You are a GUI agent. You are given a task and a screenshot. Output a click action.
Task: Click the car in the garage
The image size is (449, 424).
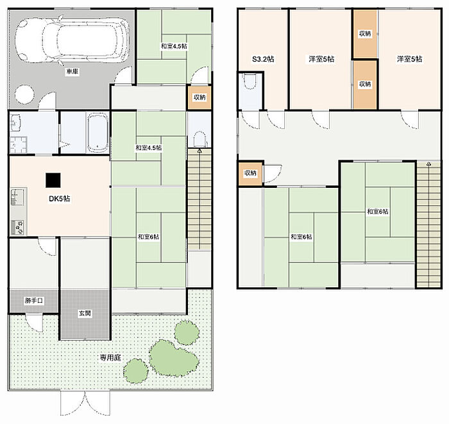(72, 40)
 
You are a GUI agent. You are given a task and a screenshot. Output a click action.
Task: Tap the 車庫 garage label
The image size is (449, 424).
(72, 72)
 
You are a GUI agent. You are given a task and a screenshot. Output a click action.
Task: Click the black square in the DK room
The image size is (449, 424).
(53, 180)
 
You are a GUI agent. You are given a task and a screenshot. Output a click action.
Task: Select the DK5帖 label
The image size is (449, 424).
(59, 199)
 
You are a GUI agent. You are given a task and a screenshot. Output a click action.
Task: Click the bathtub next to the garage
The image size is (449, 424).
(97, 133)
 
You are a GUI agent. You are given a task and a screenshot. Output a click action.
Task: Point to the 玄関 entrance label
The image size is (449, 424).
(85, 313)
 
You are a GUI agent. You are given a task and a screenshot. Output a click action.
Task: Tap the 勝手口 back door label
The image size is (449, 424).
(34, 301)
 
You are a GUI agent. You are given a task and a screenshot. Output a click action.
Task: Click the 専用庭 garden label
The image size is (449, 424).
(110, 357)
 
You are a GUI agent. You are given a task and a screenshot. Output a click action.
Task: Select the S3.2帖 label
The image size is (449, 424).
(263, 59)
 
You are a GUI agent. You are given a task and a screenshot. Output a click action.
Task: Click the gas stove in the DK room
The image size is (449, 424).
(17, 228)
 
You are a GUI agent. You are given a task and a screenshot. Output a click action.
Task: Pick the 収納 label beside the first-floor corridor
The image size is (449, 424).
(199, 98)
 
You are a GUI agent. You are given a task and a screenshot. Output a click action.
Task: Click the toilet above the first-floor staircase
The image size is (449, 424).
(200, 139)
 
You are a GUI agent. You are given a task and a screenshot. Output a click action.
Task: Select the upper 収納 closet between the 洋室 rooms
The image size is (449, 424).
(365, 34)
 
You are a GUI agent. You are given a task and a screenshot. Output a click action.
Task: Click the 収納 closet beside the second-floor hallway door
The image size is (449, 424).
(250, 173)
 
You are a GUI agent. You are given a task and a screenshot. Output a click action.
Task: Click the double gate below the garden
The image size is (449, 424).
(85, 403)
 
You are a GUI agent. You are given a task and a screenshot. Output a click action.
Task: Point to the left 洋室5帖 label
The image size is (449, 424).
(321, 59)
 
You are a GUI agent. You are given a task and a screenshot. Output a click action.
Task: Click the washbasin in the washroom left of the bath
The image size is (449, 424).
(15, 123)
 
